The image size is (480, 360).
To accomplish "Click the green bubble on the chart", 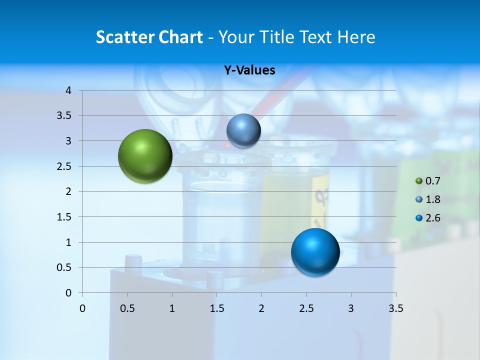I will coord(145,156).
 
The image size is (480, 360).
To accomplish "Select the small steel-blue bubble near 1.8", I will coord(243,130).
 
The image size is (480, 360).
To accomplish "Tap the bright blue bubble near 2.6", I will coord(315,252).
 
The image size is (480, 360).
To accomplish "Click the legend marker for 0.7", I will coord(419,181).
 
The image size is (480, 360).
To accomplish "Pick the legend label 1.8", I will coord(432,199).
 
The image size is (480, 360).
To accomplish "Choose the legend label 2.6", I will coord(432,218).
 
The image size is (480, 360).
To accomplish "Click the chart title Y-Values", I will coord(249,70).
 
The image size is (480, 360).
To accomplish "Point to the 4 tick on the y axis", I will coord(69,90).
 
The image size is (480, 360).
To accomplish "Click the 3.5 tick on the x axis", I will coord(395,308).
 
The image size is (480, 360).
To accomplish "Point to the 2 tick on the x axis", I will coord(261,308).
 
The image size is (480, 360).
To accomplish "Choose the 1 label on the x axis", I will coord(172,308).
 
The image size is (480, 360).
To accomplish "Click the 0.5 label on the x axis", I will coord(127,308).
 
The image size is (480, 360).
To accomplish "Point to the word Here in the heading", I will coord(356,37).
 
